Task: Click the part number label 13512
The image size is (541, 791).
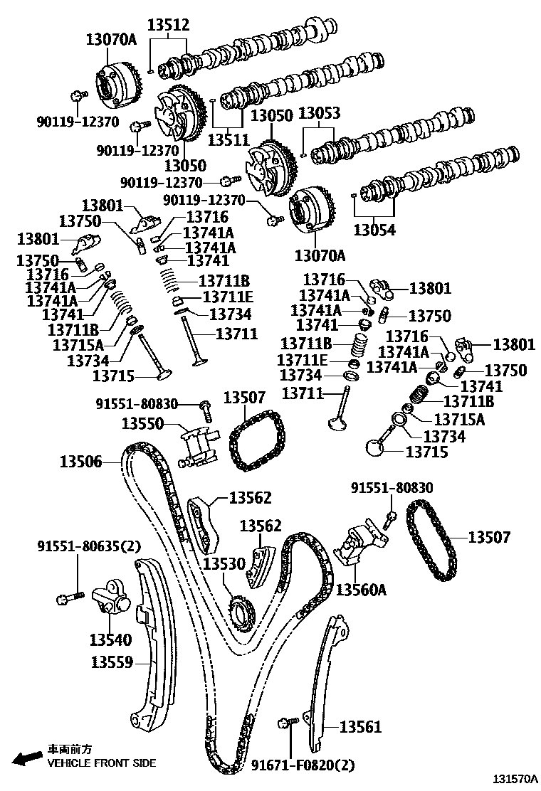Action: coord(168,25)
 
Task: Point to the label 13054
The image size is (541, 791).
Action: coord(374,230)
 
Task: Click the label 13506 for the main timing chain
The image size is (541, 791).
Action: coord(80,462)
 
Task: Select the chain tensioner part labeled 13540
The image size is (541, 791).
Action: coord(111,598)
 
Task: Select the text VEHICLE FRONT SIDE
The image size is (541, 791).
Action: coord(101,763)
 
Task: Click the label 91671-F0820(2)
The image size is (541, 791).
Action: coord(303,765)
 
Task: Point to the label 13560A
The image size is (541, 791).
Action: coord(362,590)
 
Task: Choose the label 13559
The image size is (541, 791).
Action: coord(112,662)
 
